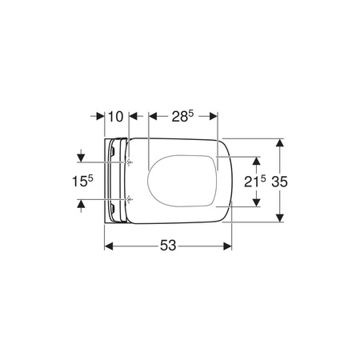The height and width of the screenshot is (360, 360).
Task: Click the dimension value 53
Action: pos(168,246)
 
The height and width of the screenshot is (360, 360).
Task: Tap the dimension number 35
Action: pos(279,182)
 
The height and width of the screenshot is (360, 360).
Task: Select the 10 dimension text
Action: pos(116,117)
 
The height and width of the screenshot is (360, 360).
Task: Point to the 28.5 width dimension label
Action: pos(182,116)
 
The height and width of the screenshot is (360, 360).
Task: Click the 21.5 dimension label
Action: pos(255,182)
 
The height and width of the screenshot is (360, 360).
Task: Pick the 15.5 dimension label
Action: pos(82,181)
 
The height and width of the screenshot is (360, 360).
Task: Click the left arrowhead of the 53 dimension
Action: pos(109,246)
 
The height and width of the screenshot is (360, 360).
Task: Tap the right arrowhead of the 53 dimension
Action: pos(227,246)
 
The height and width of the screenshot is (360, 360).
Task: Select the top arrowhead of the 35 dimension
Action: pos(279,142)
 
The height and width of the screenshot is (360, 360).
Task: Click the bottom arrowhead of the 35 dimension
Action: pos(279,218)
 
